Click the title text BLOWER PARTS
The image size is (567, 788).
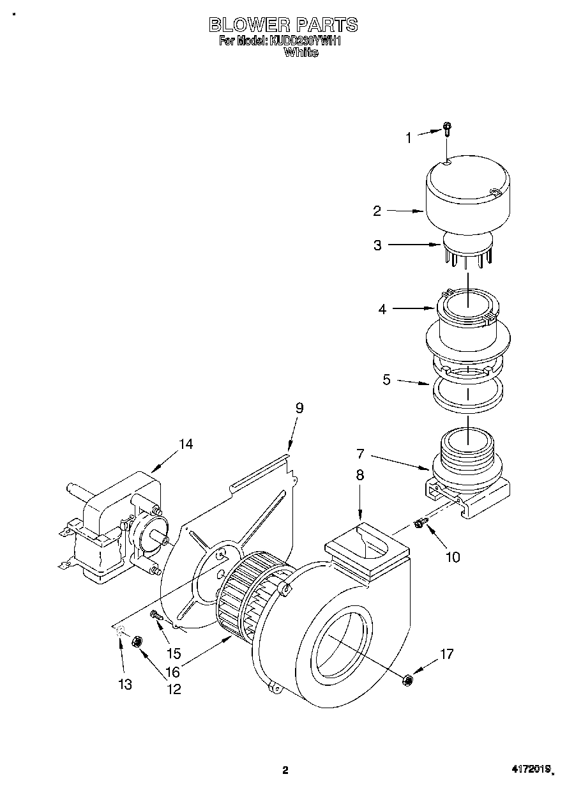(x=283, y=24)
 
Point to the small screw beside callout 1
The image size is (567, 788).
(x=447, y=130)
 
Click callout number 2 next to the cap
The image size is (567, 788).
(x=377, y=210)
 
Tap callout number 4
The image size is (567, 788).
(x=382, y=309)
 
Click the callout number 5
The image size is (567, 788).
(x=386, y=380)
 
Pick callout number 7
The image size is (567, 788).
(x=360, y=454)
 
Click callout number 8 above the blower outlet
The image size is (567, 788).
(x=359, y=475)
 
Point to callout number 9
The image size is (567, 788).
(x=299, y=408)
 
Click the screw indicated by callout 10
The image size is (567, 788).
(x=420, y=523)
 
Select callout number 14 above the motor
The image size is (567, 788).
(x=185, y=444)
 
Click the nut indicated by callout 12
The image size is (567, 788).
(x=136, y=642)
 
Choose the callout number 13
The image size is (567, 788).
(x=125, y=685)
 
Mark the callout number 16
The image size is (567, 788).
(x=173, y=671)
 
